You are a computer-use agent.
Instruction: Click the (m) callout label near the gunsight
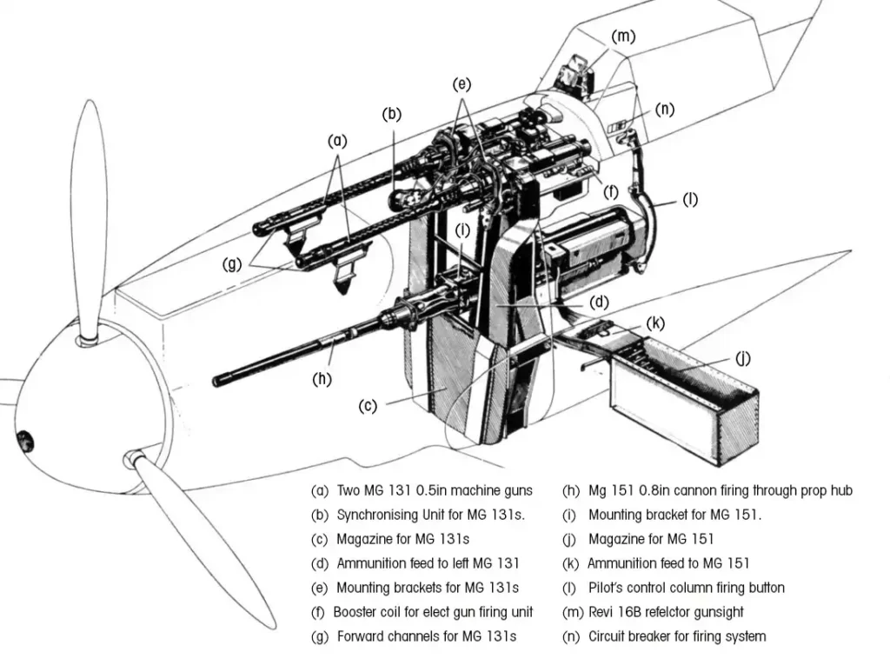click(623, 37)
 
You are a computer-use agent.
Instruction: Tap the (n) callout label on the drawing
click(665, 109)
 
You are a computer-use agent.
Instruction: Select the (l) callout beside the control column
click(690, 200)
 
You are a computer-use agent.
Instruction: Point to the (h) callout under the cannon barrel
click(322, 379)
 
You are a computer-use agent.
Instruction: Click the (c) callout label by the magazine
click(368, 406)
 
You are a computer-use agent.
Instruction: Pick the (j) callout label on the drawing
click(743, 359)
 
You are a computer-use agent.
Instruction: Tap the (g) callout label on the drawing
click(232, 264)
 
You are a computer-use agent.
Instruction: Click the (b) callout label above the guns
click(392, 114)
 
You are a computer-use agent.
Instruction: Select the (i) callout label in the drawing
click(462, 230)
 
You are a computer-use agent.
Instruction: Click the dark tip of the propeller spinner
click(24, 441)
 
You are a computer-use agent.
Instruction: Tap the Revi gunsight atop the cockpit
click(578, 73)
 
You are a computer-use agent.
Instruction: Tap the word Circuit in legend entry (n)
click(607, 636)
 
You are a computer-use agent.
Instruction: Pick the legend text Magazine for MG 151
click(651, 539)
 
